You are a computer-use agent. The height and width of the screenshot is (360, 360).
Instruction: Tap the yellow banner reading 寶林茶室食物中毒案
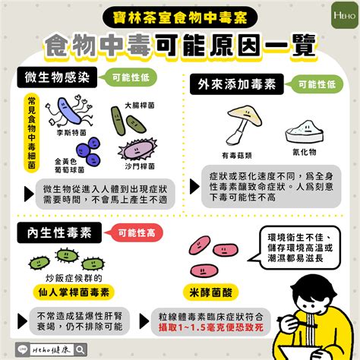(180, 14)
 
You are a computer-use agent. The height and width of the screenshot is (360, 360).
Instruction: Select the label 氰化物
(306, 151)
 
